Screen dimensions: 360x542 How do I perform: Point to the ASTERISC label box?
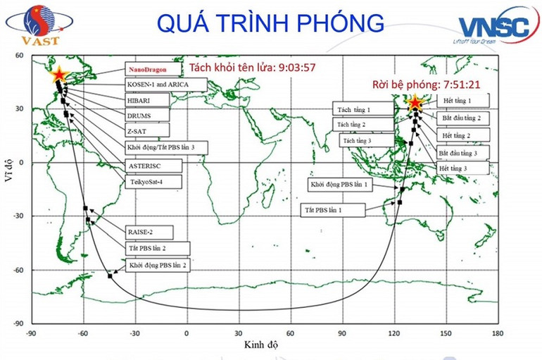[x=153, y=165]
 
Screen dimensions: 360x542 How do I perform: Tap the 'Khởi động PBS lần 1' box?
[x=342, y=185]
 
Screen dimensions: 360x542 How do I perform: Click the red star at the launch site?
[x=415, y=103]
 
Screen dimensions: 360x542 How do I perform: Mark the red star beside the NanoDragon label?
[x=59, y=74]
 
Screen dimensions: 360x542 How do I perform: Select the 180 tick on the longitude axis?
[x=498, y=333]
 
